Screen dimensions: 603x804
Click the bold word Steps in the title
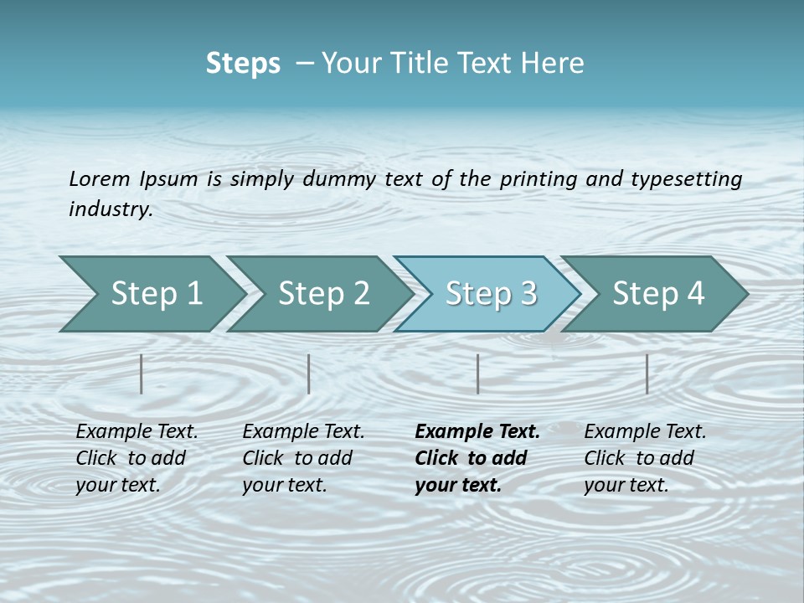coord(243,64)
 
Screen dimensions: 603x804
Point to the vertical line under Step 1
coord(142,374)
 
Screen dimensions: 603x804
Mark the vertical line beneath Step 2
coord(309,374)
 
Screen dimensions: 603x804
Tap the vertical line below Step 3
coord(477,374)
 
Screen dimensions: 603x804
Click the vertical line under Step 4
coord(647,374)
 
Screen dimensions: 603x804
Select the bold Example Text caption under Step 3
coord(476,457)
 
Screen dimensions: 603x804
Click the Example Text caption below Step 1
coord(137,457)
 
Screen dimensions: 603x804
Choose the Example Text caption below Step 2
coord(303,457)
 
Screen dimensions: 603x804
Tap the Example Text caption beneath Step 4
coord(644,457)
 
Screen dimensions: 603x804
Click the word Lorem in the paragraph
coord(100,178)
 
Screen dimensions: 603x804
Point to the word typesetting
coord(686,179)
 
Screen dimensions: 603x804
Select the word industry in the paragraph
coord(110,209)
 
